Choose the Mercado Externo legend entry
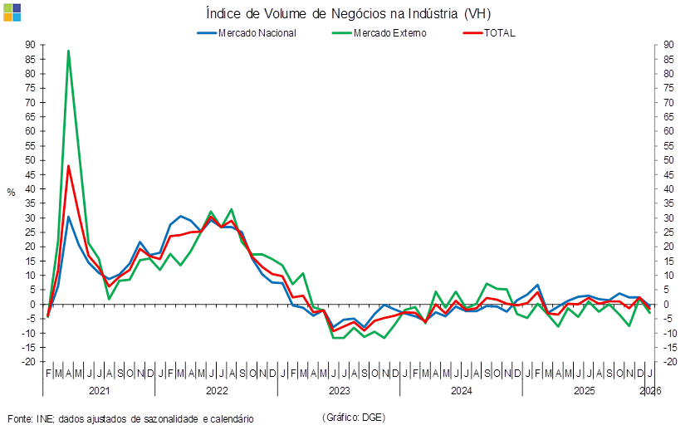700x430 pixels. tap(389, 33)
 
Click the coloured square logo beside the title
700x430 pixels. tap(12, 12)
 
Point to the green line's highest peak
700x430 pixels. tap(68, 51)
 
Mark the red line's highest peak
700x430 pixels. tap(68, 165)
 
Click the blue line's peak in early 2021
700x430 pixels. tap(68, 217)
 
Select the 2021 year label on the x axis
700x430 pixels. tap(99, 389)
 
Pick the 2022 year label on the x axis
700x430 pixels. tap(217, 389)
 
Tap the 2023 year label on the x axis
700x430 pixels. tap(339, 389)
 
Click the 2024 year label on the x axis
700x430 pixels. tap(461, 389)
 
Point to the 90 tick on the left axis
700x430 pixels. tap(29, 45)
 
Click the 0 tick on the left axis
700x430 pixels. tap(32, 304)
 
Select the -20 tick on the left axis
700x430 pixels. tap(28, 362)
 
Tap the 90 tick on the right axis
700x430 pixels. tap(668, 45)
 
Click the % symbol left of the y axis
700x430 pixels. tap(11, 193)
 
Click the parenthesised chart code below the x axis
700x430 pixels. tap(353, 417)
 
